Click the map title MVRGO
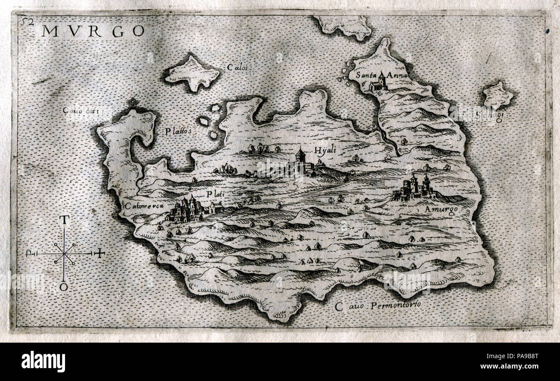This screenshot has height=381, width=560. (93, 31)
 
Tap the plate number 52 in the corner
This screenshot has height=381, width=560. (29, 22)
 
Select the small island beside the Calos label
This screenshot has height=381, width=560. (192, 73)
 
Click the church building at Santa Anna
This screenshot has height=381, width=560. (378, 83)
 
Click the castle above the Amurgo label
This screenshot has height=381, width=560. (415, 188)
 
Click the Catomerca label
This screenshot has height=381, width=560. (145, 206)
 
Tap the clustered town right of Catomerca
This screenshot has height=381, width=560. (187, 209)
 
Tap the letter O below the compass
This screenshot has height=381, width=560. (64, 287)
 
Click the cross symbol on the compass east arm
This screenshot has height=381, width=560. (100, 253)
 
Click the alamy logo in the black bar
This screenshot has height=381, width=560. (43, 361)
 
